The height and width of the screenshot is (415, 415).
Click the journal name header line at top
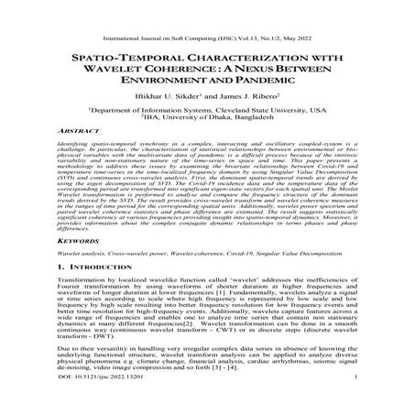[x=207, y=10]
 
